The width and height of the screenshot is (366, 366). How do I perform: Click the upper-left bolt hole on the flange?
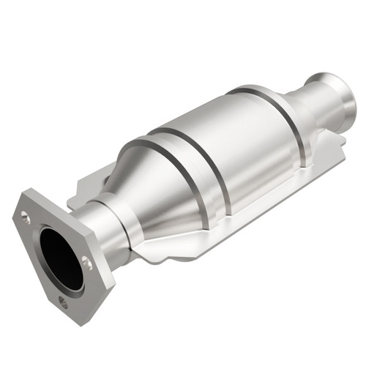click(x=26, y=217)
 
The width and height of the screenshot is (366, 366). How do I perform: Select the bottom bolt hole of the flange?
click(x=62, y=299)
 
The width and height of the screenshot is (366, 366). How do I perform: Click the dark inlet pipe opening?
click(x=60, y=255)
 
